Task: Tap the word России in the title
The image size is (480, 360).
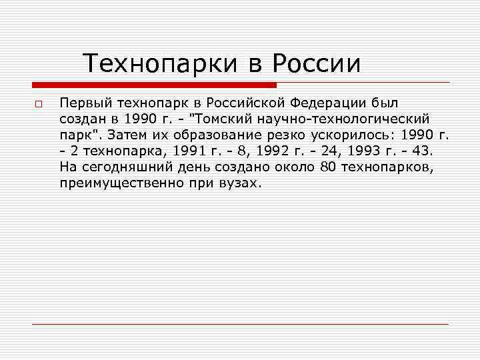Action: pos(316,64)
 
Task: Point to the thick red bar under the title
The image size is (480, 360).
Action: pos(154,85)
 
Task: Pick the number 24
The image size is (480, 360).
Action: pos(325,151)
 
